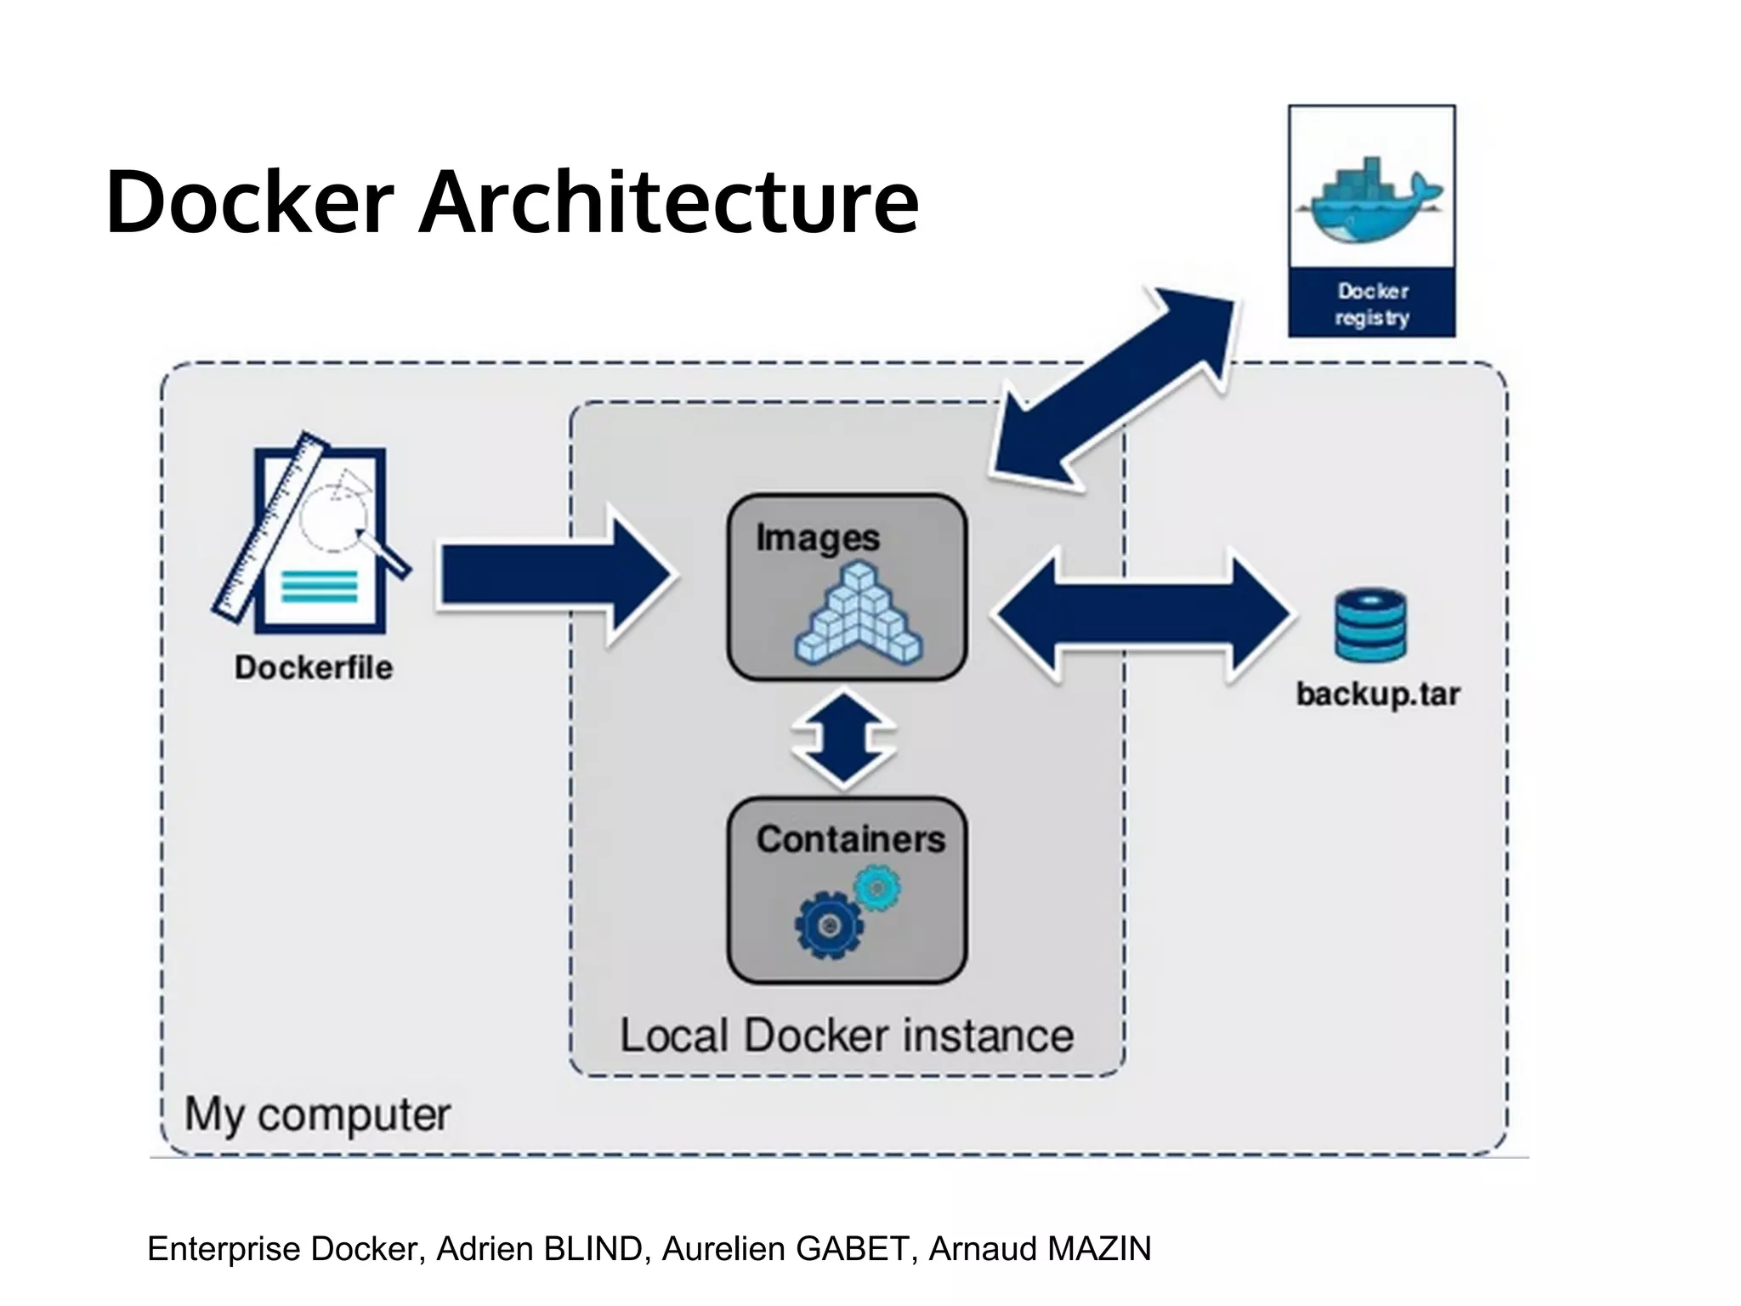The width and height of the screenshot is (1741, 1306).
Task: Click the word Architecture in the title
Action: [668, 202]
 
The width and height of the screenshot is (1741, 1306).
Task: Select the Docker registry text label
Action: [1371, 304]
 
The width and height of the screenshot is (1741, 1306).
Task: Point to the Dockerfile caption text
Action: [314, 667]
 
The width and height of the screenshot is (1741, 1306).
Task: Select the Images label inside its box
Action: [817, 538]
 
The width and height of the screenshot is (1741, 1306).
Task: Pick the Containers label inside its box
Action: [850, 839]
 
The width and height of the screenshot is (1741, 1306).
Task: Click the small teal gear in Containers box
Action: [877, 889]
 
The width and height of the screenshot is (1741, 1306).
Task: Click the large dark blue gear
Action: [829, 925]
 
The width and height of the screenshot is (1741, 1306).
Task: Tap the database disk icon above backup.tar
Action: [1370, 626]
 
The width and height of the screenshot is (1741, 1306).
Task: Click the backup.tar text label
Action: [1377, 695]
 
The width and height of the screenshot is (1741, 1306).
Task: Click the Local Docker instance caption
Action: [847, 1036]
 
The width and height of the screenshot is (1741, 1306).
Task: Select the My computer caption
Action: [317, 1114]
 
